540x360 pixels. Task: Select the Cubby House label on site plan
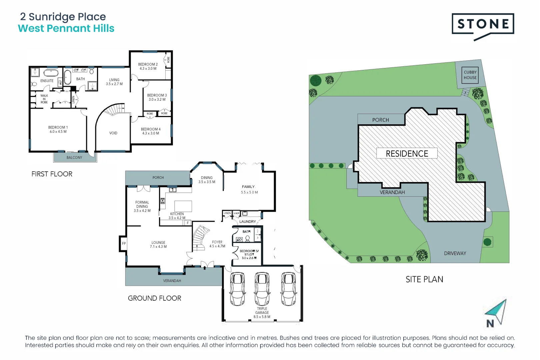pyautogui.click(x=470, y=75)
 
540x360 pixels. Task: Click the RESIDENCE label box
pyautogui.click(x=407, y=153)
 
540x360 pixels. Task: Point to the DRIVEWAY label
pyautogui.click(x=455, y=253)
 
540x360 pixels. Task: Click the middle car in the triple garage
pyautogui.click(x=262, y=289)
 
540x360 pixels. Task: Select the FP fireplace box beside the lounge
pyautogui.click(x=124, y=243)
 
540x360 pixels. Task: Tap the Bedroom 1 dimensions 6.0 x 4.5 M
pyautogui.click(x=58, y=132)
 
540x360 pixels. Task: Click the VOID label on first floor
pyautogui.click(x=113, y=133)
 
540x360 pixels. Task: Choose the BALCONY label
pyautogui.click(x=74, y=157)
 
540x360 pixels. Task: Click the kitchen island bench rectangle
pyautogui.click(x=183, y=206)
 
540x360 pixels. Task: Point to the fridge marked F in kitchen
pyautogui.click(x=188, y=223)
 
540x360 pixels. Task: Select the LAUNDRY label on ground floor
pyautogui.click(x=248, y=221)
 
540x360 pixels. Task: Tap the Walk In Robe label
pyautogui.click(x=44, y=99)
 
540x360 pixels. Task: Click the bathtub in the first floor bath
pyautogui.click(x=68, y=77)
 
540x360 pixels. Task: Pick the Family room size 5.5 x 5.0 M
pyautogui.click(x=249, y=192)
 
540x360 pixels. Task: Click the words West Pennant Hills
pyautogui.click(x=66, y=28)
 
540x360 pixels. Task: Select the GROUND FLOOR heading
pyautogui.click(x=154, y=298)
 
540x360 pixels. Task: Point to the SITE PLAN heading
pyautogui.click(x=424, y=279)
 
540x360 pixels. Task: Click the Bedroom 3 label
pyautogui.click(x=157, y=95)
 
